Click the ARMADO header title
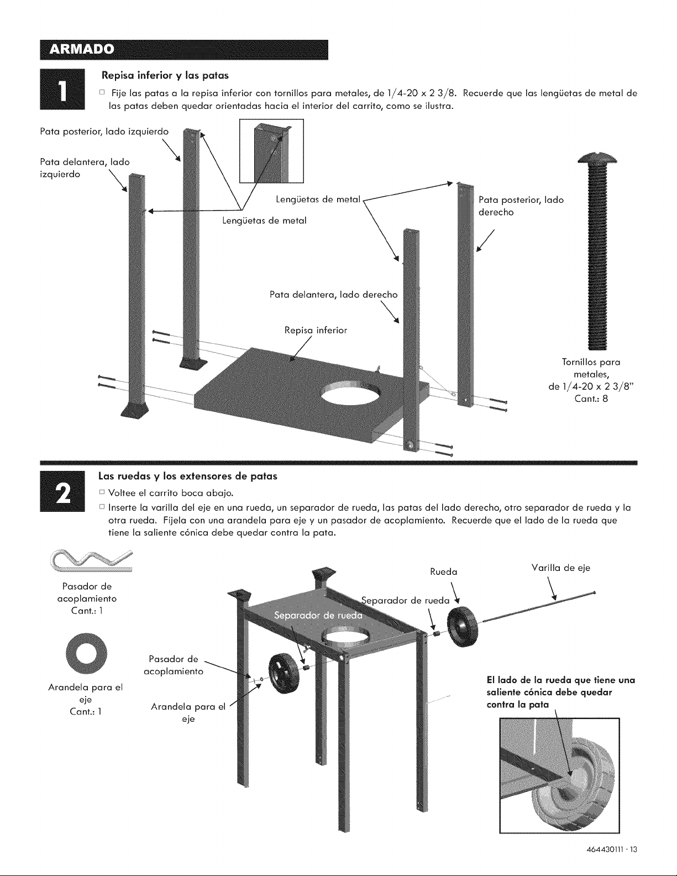pos(81,50)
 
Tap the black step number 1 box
pos(62,89)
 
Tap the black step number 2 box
pos(62,491)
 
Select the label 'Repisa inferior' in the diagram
pos(316,331)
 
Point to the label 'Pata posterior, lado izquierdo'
pos(104,132)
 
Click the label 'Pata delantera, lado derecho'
pos(333,295)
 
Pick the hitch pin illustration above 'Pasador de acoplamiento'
pos(91,561)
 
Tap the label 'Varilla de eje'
pos(560,568)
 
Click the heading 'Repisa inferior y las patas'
pos(165,75)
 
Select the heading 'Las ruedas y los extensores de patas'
pos(188,476)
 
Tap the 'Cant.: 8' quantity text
pos(591,398)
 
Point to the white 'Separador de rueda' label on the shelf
pos(318,616)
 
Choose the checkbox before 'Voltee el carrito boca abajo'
pos(102,492)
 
